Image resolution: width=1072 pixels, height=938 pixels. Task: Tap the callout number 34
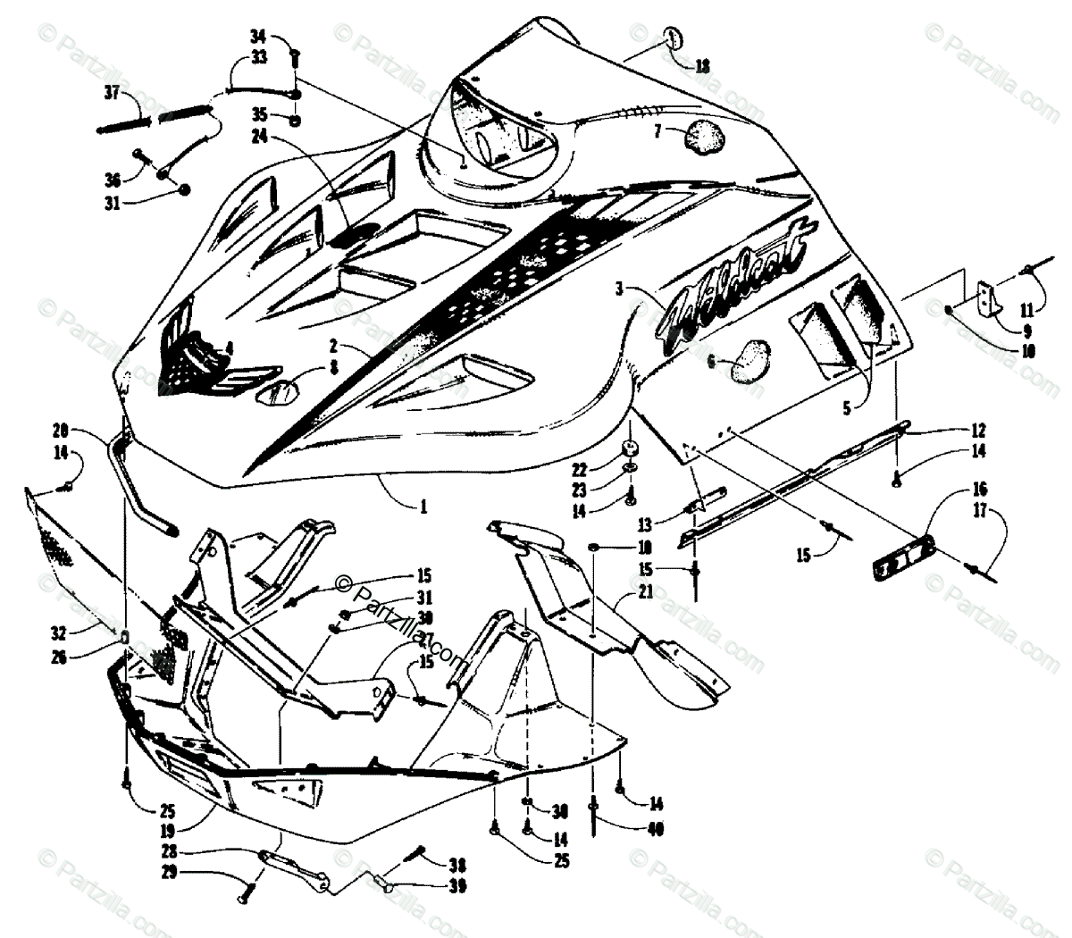[x=258, y=37]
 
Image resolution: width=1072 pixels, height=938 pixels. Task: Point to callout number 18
[x=703, y=64]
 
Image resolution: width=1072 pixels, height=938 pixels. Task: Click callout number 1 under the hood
[x=423, y=505]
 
